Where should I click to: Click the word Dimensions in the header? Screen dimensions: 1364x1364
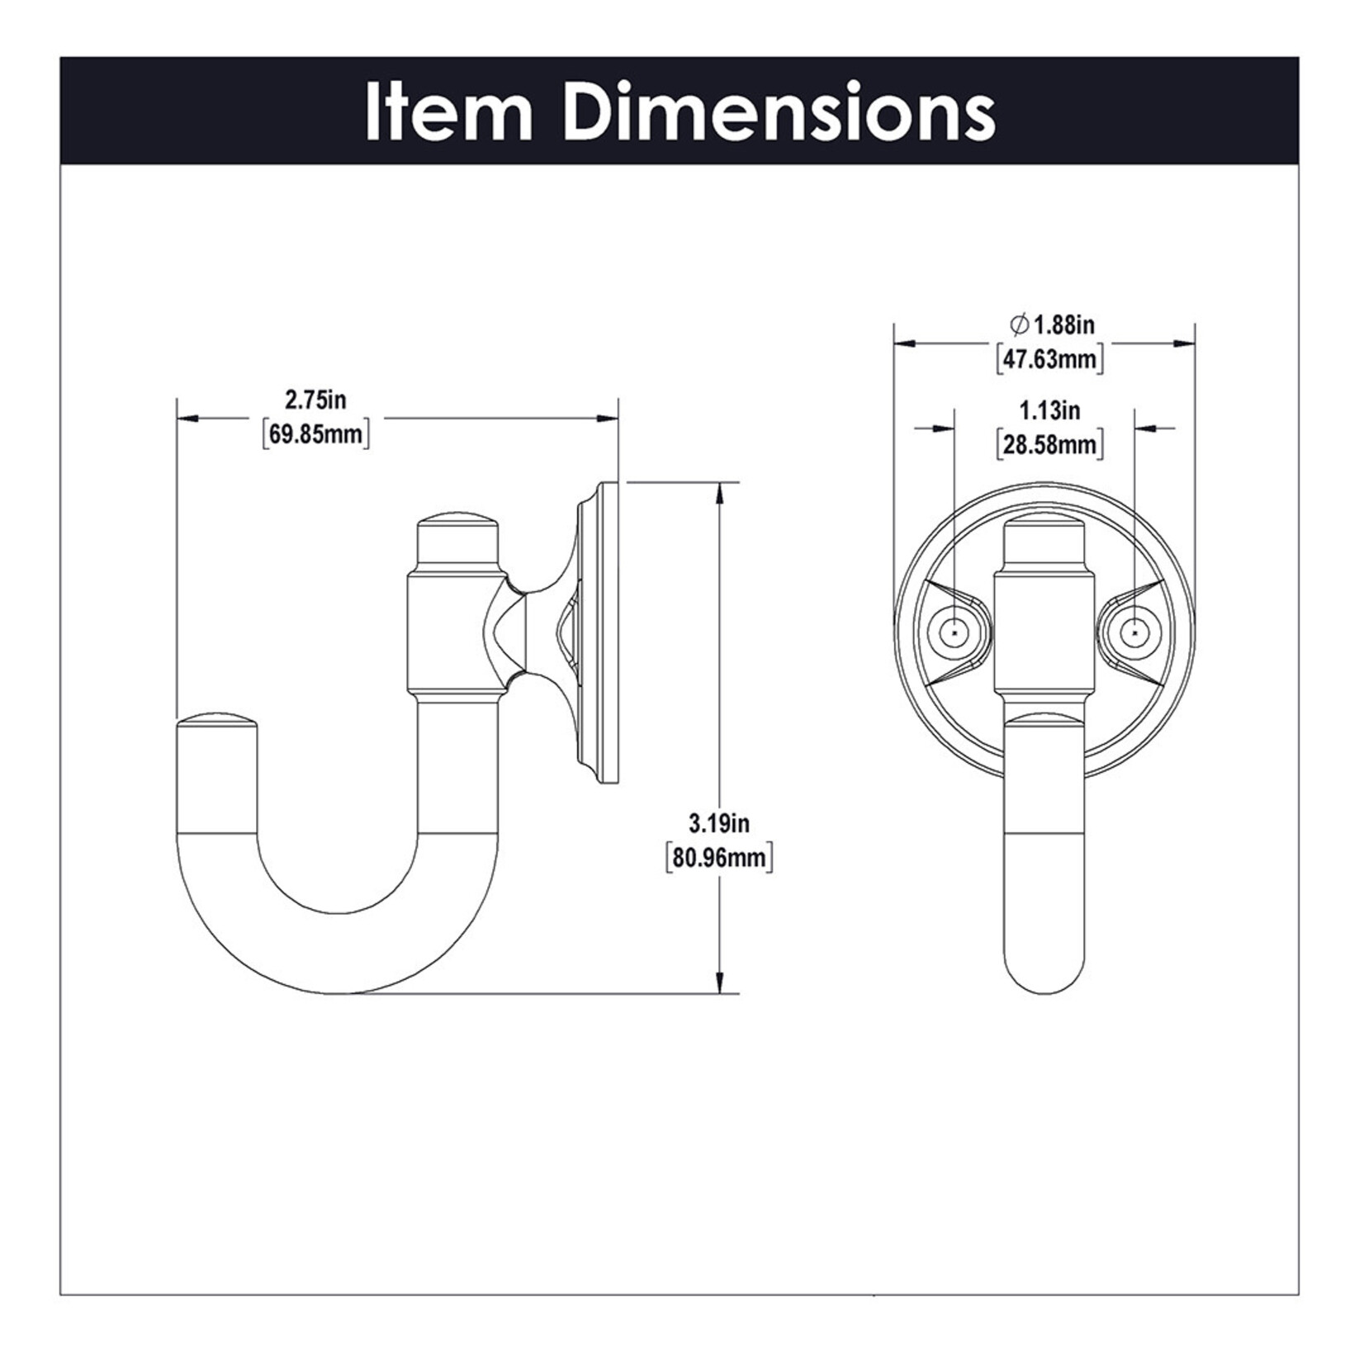pos(781,112)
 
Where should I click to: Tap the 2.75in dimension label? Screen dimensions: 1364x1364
pos(315,400)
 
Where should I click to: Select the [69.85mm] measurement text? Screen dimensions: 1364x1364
pos(315,434)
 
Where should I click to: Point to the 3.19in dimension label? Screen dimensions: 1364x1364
pos(718,823)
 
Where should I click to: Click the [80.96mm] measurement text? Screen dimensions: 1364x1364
pos(718,858)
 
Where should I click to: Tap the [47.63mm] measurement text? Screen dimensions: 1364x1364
pos(1050,360)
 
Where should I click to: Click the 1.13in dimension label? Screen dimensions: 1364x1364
pos(1050,410)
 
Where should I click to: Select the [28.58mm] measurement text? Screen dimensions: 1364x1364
pos(1050,445)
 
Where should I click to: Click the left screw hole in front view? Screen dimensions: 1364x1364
pos(954,632)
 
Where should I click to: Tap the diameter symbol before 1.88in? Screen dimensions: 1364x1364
pos(1019,324)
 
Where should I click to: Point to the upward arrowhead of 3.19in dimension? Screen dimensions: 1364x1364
pos(721,491)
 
